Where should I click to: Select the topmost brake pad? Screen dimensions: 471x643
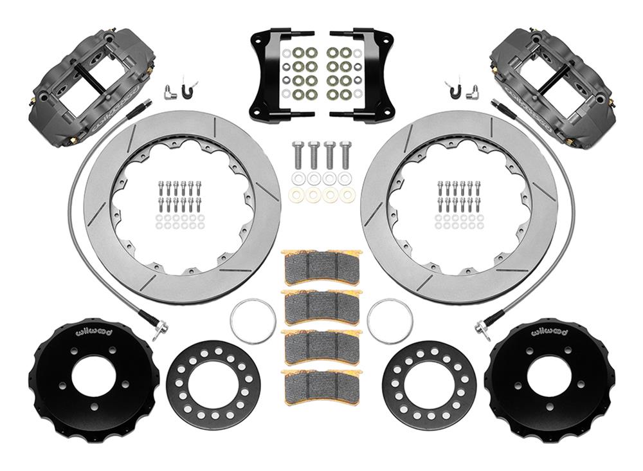point(321,264)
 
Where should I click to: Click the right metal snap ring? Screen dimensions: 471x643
point(390,321)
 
